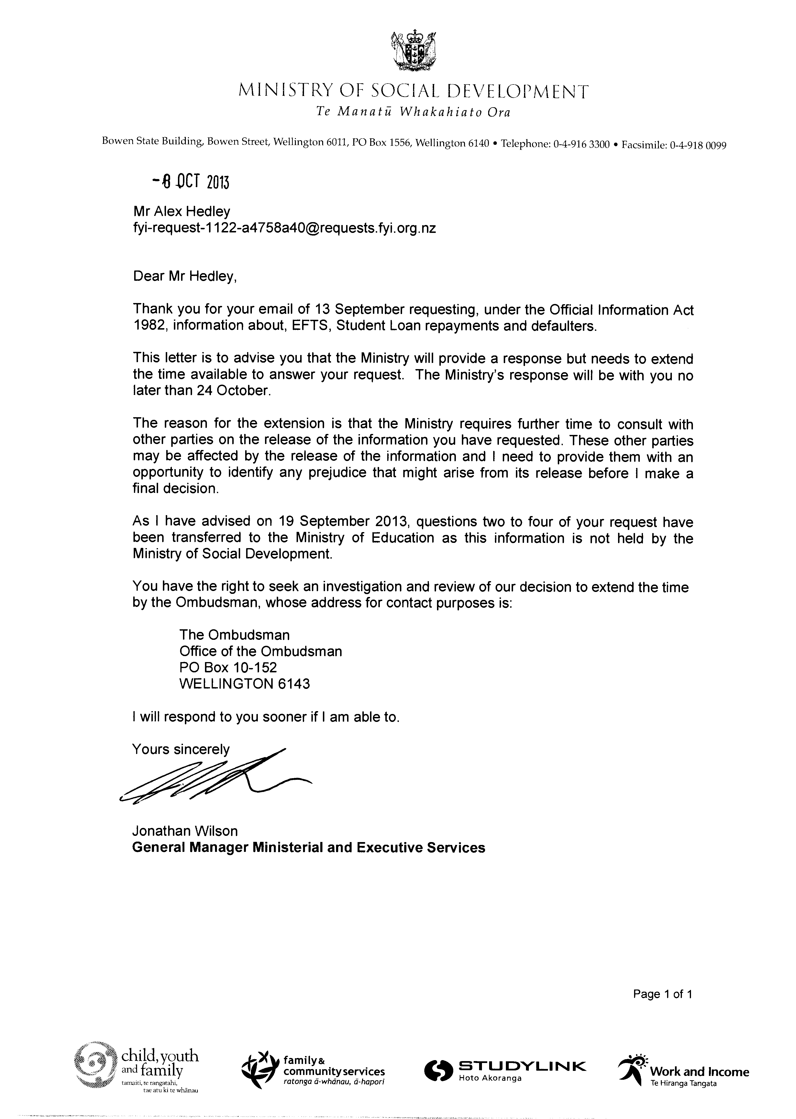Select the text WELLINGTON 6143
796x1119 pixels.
(x=245, y=684)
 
